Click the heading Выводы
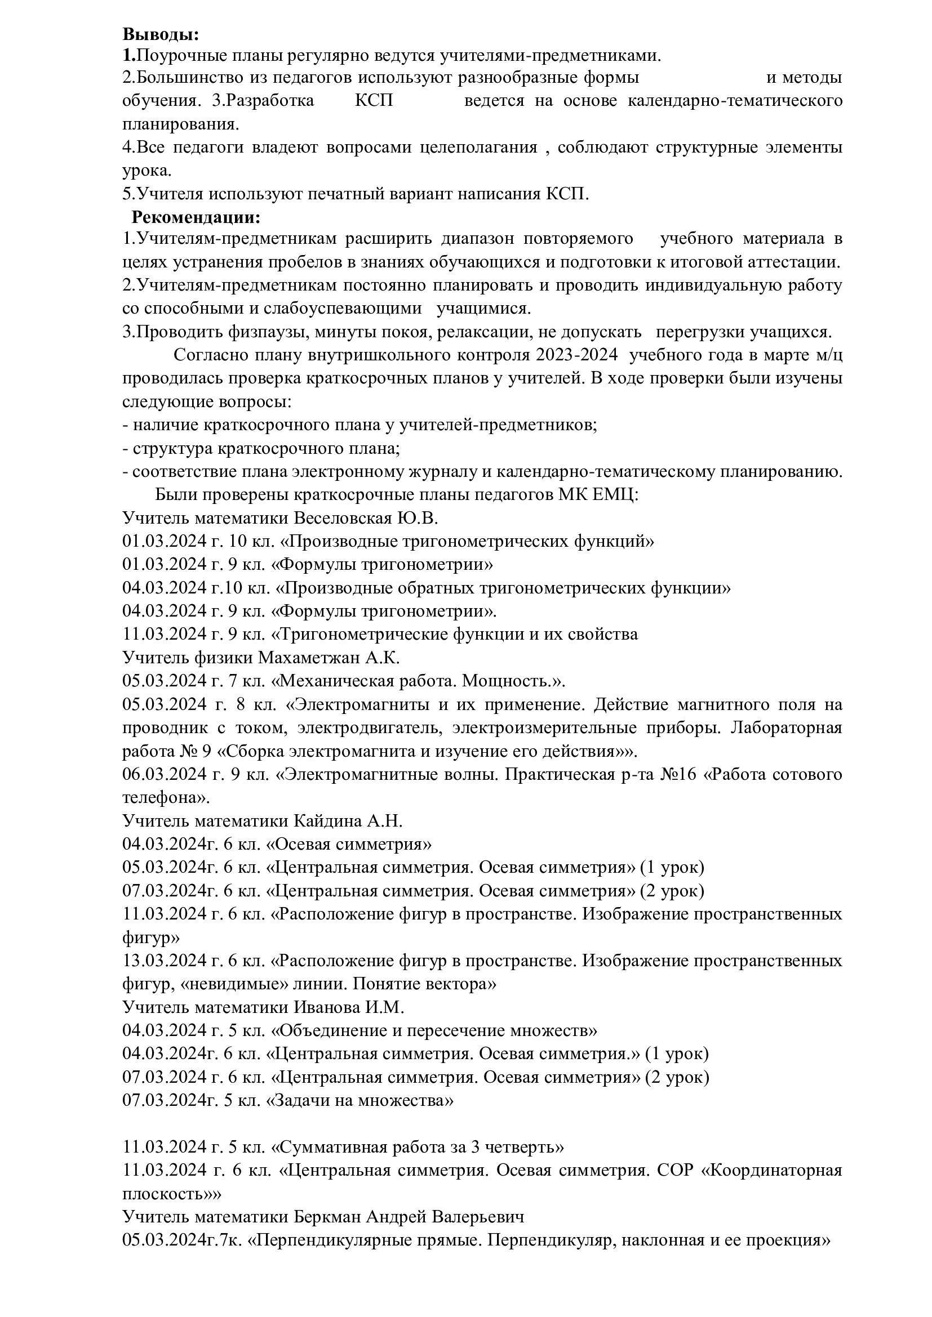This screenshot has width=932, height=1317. click(x=161, y=34)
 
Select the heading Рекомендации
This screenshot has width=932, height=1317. click(x=196, y=218)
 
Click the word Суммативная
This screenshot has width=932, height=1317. click(x=329, y=1146)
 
